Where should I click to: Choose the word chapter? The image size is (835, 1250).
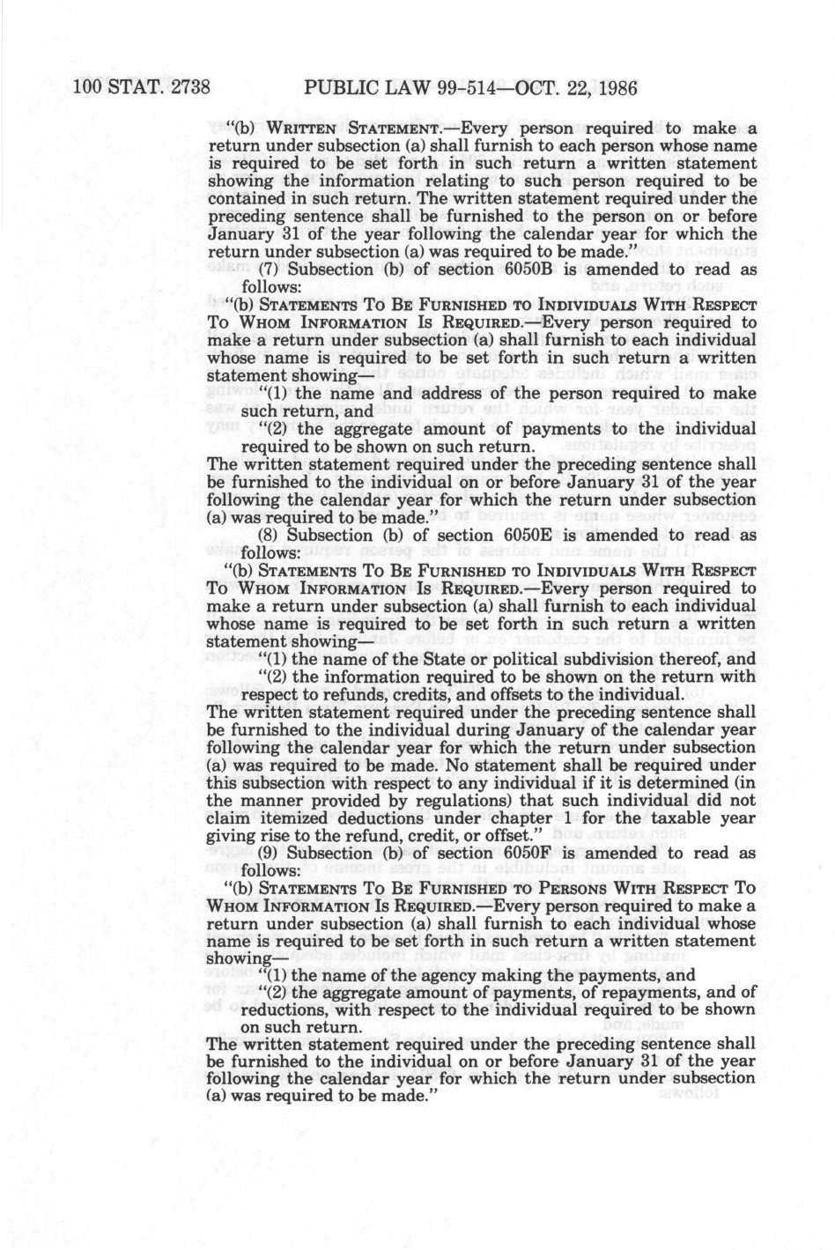click(x=506, y=818)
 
